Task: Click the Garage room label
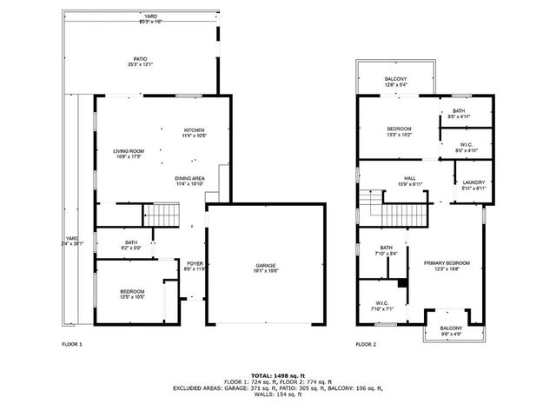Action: coord(266,268)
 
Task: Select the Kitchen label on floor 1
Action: coord(194,133)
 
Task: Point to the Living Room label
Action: coord(128,154)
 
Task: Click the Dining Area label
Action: coord(189,181)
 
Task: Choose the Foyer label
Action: coord(195,265)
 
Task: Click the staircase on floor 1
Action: coord(161,215)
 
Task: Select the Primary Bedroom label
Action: coord(447,265)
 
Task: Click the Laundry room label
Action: coord(473,185)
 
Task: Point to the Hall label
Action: coord(409,181)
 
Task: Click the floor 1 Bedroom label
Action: coord(132,294)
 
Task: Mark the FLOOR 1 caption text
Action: coord(72,345)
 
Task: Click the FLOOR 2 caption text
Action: coord(366,345)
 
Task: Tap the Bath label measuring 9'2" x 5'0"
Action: coord(131,245)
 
